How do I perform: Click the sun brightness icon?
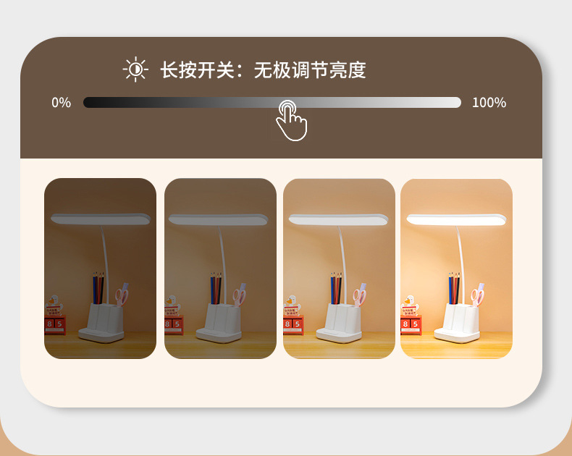coord(135,69)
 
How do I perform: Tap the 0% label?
coord(62,103)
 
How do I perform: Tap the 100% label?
coord(489,103)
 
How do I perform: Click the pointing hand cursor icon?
coord(291,121)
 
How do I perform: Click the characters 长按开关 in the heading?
coord(197,69)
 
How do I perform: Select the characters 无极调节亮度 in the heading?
coord(310,69)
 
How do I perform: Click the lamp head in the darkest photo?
coord(101,219)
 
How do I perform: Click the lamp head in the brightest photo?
coord(456,219)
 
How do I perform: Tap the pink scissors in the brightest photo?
coord(478,295)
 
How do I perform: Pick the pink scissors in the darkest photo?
coord(122,295)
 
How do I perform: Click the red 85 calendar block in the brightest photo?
coord(411,325)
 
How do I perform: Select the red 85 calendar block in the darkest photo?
coord(55,325)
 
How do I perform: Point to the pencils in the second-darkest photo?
coord(216,288)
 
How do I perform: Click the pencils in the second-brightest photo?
coord(336,288)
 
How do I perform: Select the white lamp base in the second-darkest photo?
coord(219,324)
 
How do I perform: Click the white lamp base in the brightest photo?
coord(457,324)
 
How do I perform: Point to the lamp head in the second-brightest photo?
coord(338,219)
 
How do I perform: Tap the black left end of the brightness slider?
coord(87,103)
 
